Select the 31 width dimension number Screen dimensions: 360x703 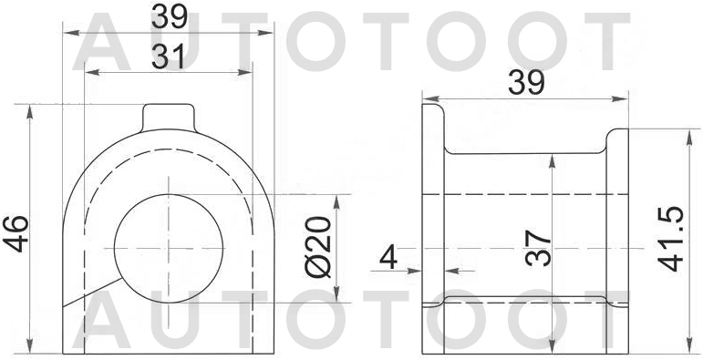coord(169,57)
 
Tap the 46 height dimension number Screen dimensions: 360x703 coord(16,235)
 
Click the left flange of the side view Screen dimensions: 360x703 coord(432,228)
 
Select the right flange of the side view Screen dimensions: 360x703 coord(618,228)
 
